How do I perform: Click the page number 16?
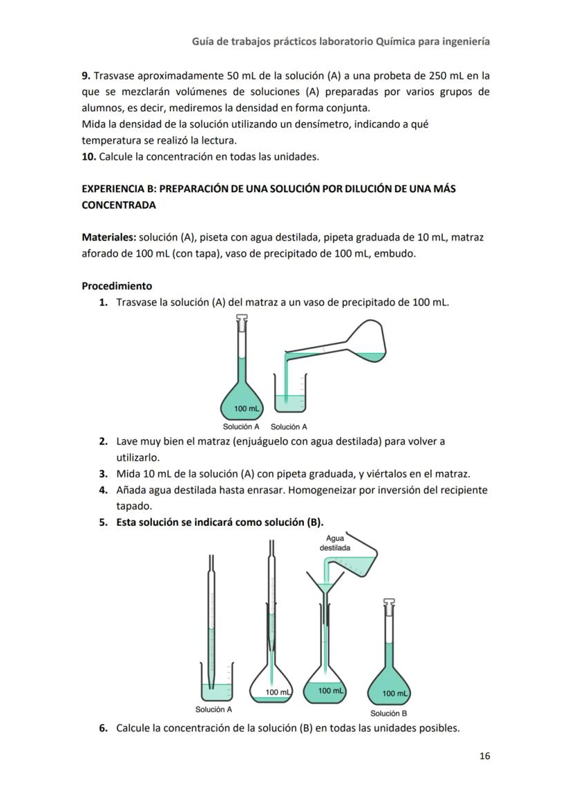point(484,756)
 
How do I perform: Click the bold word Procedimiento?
point(117,285)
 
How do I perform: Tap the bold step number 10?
point(88,156)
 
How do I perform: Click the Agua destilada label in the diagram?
point(334,543)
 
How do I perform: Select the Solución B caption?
point(388,714)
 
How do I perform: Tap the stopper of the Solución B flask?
point(389,606)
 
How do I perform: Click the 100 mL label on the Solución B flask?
point(395,693)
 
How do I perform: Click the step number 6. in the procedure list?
point(103,727)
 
